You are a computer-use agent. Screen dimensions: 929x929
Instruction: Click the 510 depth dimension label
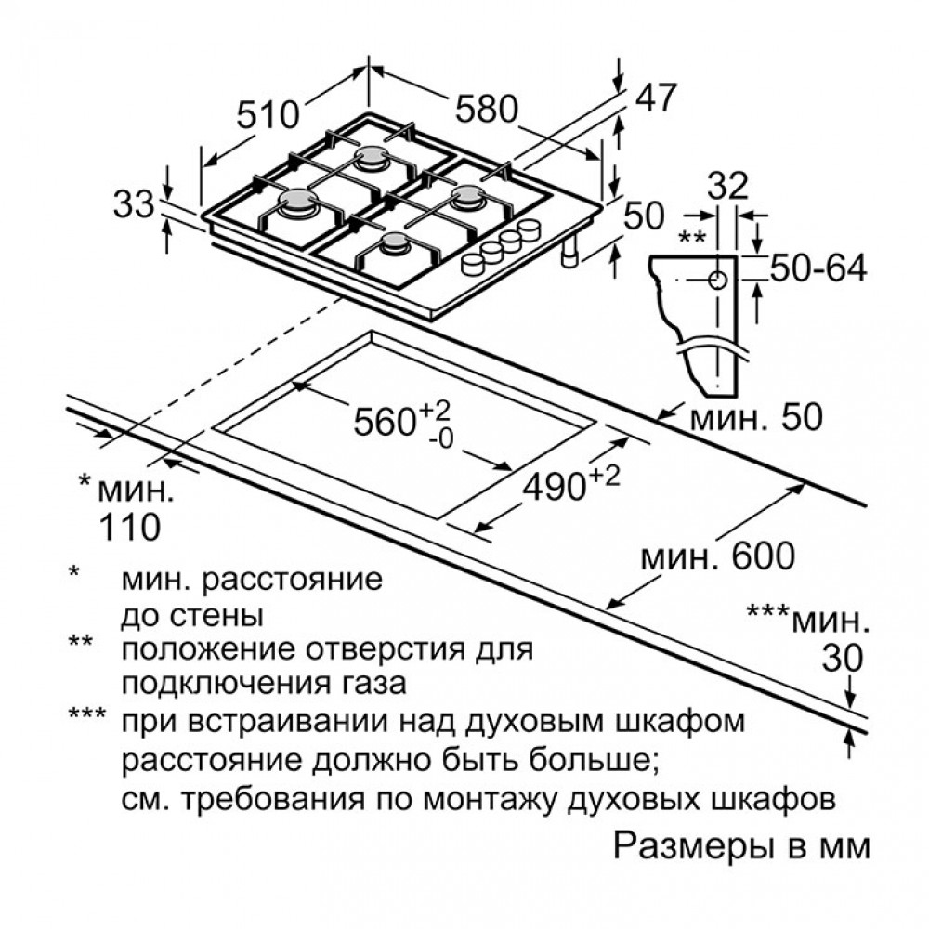268,114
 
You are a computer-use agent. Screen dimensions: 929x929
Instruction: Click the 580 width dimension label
486,110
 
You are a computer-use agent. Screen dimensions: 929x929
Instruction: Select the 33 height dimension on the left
134,204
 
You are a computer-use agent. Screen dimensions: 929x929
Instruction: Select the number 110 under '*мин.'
129,526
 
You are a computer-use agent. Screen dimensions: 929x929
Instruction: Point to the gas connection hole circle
718,280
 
